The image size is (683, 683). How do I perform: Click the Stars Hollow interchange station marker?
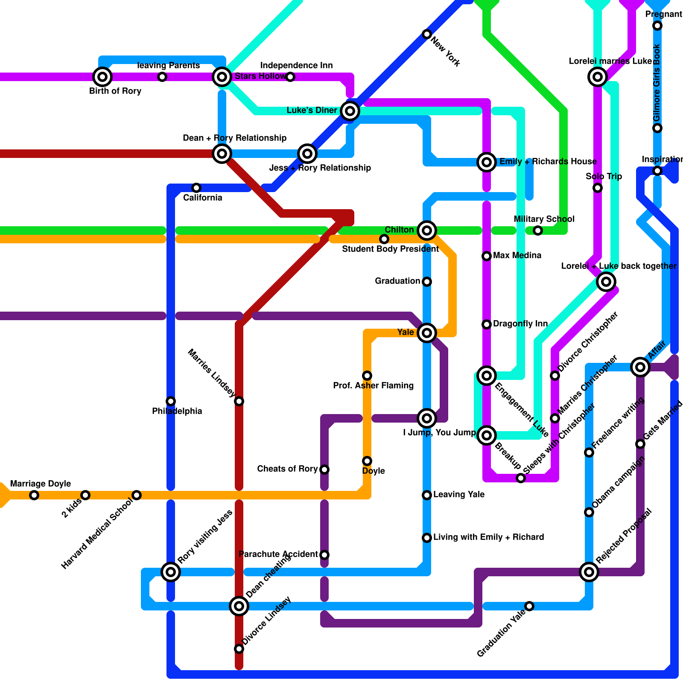click(222, 77)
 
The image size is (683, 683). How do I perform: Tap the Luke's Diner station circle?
click(350, 111)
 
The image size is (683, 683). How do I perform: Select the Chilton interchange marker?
click(426, 231)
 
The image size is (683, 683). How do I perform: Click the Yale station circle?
click(426, 333)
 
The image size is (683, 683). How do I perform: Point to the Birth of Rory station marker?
click(102, 77)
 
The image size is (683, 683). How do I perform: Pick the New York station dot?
click(426, 34)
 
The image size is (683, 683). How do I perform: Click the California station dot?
click(196, 188)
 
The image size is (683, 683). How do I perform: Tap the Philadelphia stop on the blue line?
click(170, 401)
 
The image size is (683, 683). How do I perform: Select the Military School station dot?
click(537, 231)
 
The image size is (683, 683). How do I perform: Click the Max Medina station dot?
click(486, 256)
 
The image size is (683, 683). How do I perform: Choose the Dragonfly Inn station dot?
click(486, 324)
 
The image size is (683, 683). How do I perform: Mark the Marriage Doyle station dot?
click(34, 495)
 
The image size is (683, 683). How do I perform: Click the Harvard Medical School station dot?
click(136, 495)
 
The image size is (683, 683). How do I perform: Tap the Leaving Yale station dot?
click(426, 495)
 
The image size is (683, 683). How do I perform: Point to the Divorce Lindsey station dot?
click(239, 649)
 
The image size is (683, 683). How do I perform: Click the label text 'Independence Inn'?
click(296, 65)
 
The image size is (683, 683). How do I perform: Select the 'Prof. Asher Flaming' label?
click(373, 386)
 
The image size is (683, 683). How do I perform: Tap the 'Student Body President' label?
click(390, 249)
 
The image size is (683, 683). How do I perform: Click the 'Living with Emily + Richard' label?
click(488, 537)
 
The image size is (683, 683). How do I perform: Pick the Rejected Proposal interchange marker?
click(589, 572)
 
